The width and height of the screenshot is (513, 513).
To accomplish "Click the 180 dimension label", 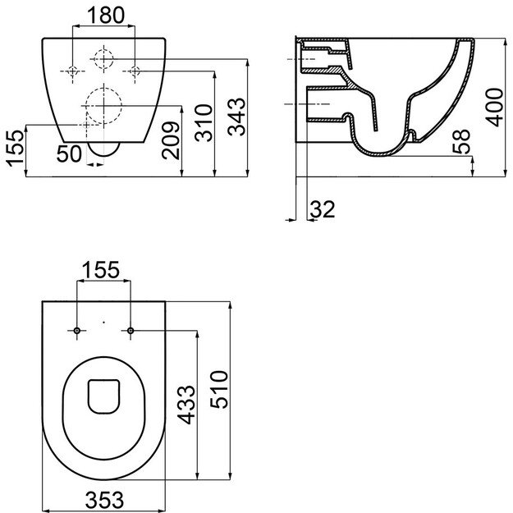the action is [107, 16].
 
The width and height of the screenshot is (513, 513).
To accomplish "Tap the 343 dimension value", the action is [237, 117].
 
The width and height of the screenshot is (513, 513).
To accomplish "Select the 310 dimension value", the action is [204, 122].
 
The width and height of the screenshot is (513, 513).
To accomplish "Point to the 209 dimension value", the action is [171, 140].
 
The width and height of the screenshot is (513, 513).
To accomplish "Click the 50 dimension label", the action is [69, 153].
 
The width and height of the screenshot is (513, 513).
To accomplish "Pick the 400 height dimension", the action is [494, 107].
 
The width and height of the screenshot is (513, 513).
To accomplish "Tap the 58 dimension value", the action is [461, 142].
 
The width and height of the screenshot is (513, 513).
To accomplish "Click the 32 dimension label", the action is [323, 209].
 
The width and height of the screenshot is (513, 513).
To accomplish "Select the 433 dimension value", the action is [186, 405].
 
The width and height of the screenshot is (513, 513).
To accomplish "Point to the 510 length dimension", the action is [219, 389].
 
